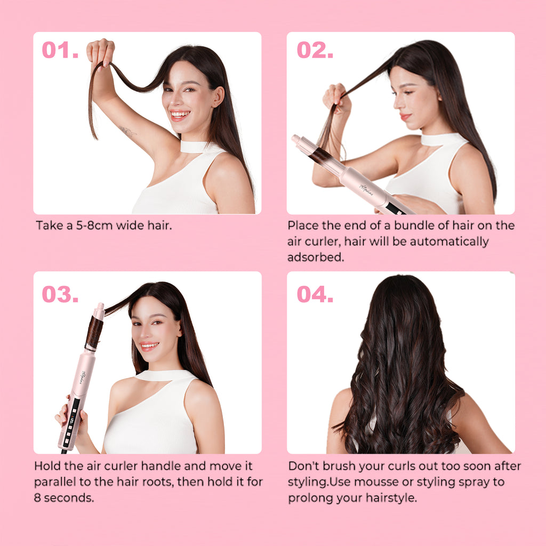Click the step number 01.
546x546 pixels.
pyautogui.click(x=60, y=50)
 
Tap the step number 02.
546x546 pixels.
pyautogui.click(x=315, y=50)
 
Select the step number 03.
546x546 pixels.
pyautogui.click(x=60, y=294)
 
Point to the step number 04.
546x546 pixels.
pyautogui.click(x=315, y=294)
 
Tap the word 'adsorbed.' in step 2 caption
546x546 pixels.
pyautogui.click(x=316, y=257)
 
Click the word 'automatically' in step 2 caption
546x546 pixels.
pyautogui.click(x=449, y=242)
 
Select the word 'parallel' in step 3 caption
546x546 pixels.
pyautogui.click(x=55, y=482)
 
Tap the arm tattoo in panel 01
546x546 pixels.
pyautogui.click(x=127, y=131)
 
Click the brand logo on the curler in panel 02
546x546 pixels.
pyautogui.click(x=366, y=189)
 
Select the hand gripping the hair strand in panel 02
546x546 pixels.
pyautogui.click(x=336, y=99)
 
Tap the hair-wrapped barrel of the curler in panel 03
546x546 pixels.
pyautogui.click(x=94, y=333)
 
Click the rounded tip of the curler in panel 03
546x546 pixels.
pyautogui.click(x=100, y=307)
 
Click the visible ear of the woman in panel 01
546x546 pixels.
pyautogui.click(x=218, y=97)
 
